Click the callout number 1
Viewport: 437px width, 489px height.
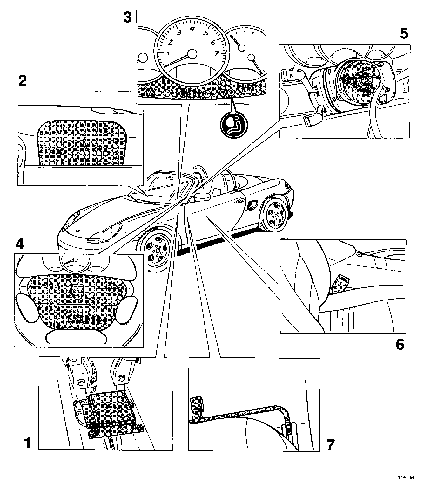pos(28,443)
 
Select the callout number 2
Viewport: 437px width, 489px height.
pos(23,81)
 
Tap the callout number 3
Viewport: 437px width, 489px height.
pos(127,17)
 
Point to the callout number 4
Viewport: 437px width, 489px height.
pos(19,244)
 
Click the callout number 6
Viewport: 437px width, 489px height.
pos(400,344)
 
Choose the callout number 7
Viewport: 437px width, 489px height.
pos(330,445)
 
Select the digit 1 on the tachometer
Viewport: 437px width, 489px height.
pos(168,53)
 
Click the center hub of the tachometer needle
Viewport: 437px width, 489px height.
pos(192,54)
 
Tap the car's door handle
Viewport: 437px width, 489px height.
pos(238,201)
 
